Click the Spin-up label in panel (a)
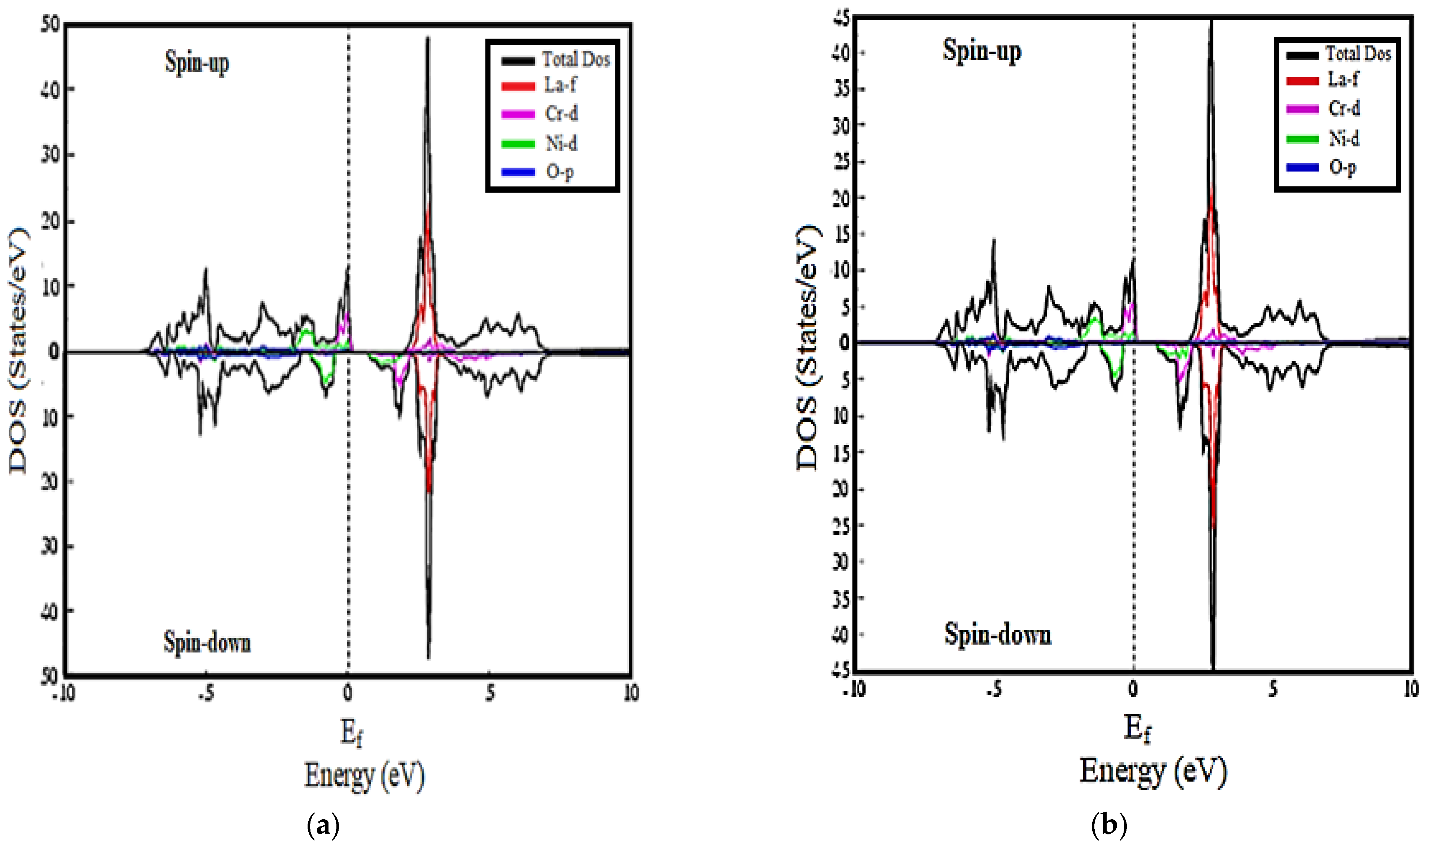[197, 62]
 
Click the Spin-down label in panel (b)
[997, 634]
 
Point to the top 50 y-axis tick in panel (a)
[50, 24]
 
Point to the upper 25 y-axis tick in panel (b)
[842, 162]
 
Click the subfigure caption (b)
[1108, 825]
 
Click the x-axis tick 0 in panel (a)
[348, 693]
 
